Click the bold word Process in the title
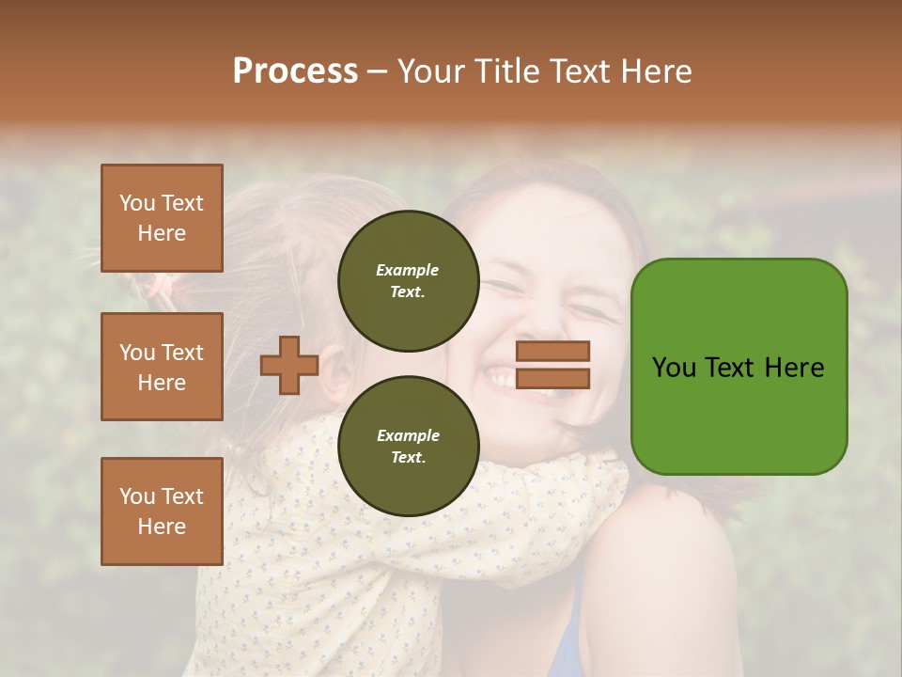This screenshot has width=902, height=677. [295, 71]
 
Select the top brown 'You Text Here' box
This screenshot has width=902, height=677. [162, 218]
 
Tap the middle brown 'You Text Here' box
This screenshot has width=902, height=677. [162, 367]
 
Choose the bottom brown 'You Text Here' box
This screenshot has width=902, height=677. [162, 511]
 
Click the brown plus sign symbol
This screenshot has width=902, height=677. [289, 366]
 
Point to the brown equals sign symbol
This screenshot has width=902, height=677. [552, 365]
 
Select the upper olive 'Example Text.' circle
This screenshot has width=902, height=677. [408, 281]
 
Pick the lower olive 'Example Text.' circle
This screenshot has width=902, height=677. [408, 447]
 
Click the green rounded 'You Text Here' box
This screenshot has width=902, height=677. [739, 367]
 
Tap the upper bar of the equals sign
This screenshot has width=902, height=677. [552, 352]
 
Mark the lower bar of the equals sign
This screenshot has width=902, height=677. [552, 378]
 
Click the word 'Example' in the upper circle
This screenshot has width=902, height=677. [408, 270]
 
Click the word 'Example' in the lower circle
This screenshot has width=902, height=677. [408, 435]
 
